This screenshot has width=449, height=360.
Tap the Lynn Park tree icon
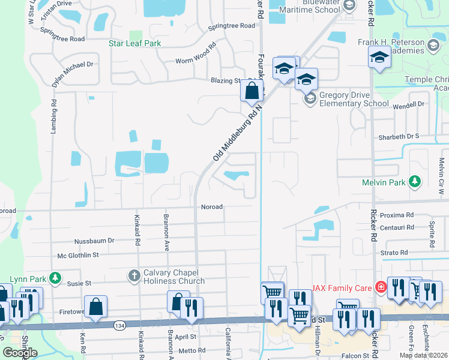[55, 277]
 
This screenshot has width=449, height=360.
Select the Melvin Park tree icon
[414, 181]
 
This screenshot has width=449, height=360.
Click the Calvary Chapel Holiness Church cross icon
[133, 275]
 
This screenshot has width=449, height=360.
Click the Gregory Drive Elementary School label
[354, 99]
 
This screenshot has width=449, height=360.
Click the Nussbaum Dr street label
[94, 241]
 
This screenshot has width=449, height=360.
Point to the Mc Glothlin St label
[77, 256]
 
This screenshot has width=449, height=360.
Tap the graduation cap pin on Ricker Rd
[379, 57]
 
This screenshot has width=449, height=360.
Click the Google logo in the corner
[20, 353]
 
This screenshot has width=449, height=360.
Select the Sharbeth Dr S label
[398, 137]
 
